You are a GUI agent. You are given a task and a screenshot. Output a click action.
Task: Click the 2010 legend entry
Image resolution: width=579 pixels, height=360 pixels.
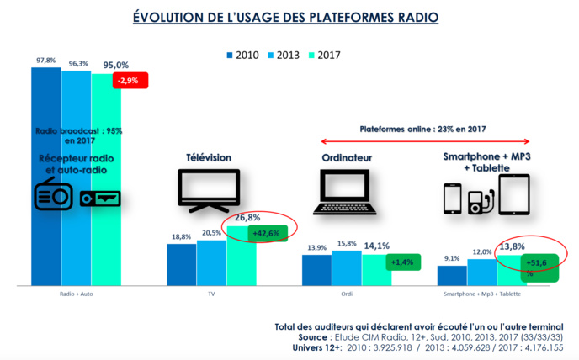click(x=243, y=56)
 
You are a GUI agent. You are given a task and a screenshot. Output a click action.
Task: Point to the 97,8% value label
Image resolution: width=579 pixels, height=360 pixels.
click(x=46, y=61)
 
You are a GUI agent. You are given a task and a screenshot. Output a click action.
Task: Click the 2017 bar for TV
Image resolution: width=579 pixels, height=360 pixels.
click(x=242, y=257)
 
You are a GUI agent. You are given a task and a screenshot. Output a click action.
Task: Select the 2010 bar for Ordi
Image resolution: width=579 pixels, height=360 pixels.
click(x=316, y=271)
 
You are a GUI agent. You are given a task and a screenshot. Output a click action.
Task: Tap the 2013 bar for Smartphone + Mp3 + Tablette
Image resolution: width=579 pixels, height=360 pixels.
click(x=481, y=273)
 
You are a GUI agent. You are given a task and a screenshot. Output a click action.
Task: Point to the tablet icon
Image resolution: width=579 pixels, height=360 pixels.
click(x=520, y=195)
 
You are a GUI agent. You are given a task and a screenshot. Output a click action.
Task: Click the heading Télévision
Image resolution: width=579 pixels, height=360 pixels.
click(x=209, y=157)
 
